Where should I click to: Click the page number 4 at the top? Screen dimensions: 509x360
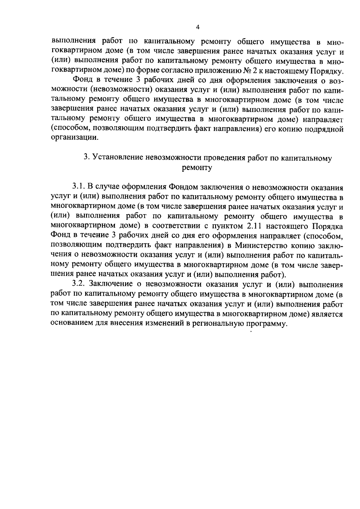click(x=197, y=27)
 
